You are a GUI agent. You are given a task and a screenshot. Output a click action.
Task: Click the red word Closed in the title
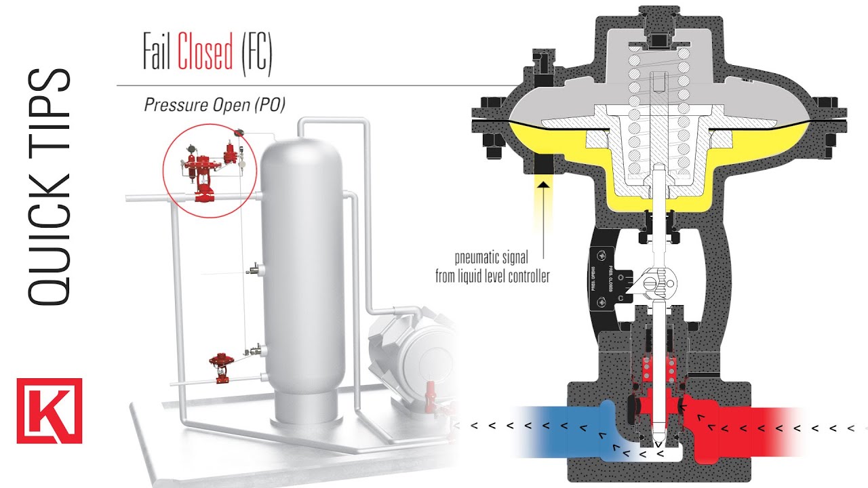tap(205, 54)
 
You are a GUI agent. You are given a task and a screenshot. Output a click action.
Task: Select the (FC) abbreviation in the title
tap(256, 54)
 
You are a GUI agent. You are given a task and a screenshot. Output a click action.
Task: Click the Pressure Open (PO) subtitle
tap(214, 105)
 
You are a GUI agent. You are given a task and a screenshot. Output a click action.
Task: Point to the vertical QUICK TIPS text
tap(49, 186)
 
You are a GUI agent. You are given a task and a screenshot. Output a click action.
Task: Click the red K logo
tap(50, 411)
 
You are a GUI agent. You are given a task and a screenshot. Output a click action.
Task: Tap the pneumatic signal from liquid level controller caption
tap(491, 266)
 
